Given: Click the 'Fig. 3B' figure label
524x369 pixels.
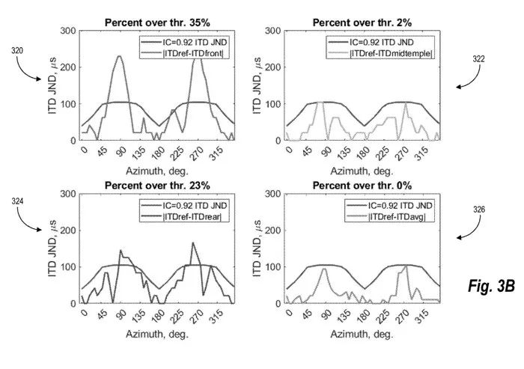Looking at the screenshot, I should point(491,286).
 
